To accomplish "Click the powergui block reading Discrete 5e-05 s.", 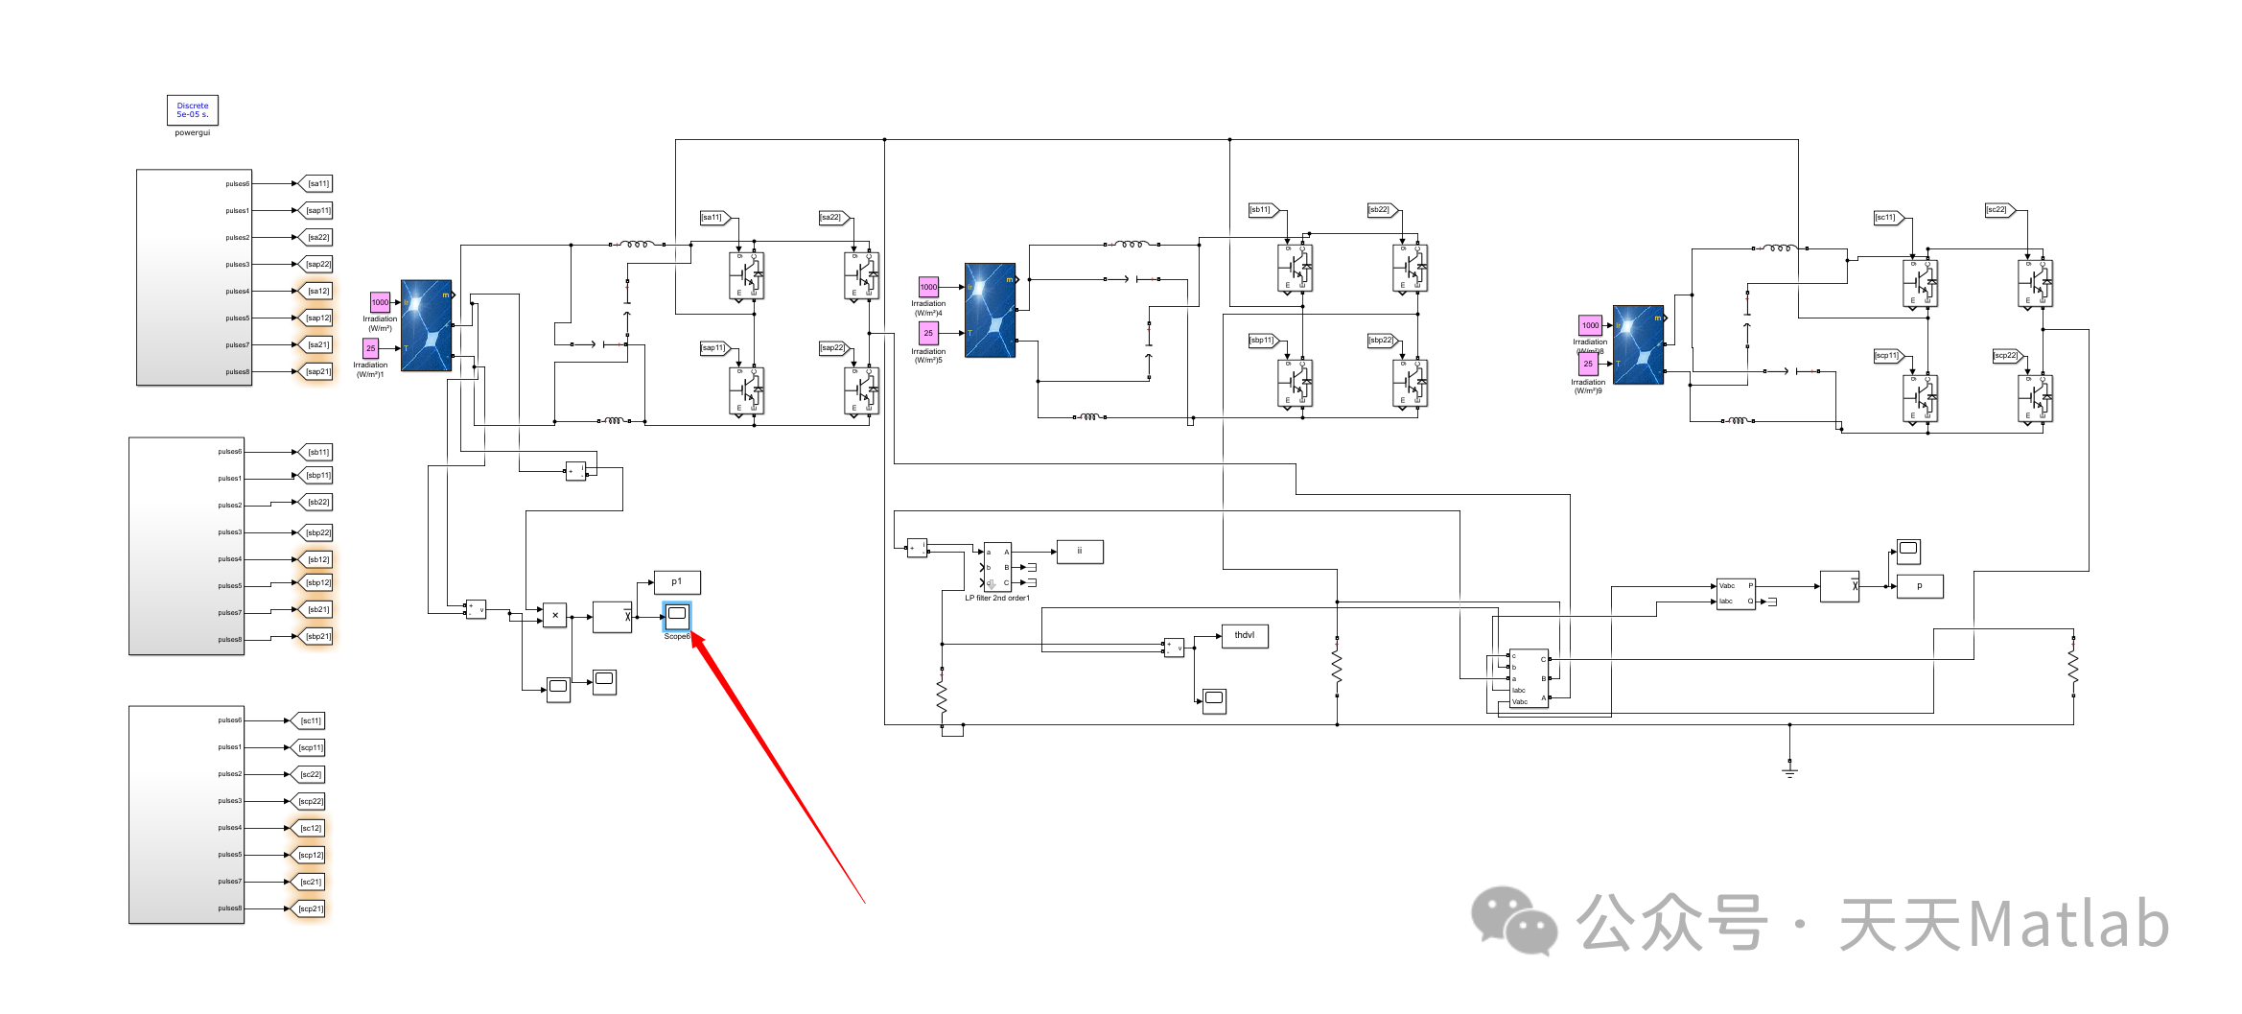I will click(192, 110).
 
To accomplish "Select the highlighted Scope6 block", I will click(677, 615).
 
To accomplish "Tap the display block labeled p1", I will click(677, 581).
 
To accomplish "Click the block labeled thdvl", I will click(1244, 635).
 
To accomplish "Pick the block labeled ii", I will click(1079, 552).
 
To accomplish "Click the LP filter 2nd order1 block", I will click(997, 567).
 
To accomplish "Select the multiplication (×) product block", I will click(554, 616).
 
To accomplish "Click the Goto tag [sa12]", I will click(317, 291).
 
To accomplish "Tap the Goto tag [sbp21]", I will click(317, 636).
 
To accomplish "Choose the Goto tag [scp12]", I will click(310, 855).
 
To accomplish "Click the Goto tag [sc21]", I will click(310, 882).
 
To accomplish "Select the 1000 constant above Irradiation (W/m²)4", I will click(928, 287).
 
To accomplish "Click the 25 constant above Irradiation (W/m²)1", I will click(370, 348).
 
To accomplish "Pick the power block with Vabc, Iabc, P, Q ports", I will click(1736, 593).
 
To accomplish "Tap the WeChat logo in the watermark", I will click(1514, 922).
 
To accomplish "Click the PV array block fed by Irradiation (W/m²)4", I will click(990, 310).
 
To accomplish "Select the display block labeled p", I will click(1919, 585).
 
